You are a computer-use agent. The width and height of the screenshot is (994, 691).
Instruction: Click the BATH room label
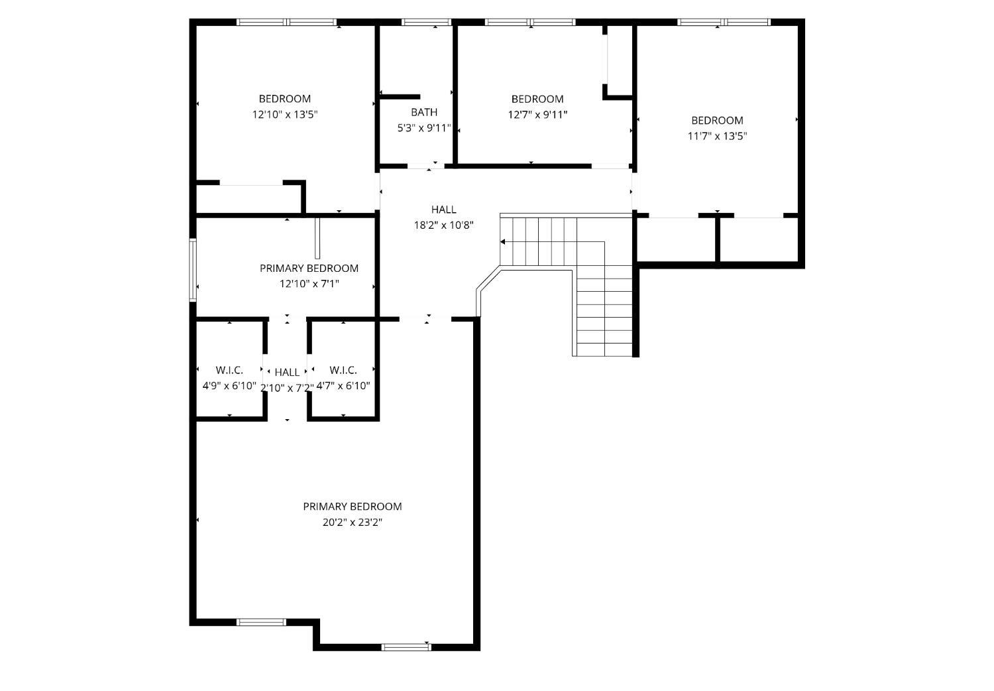424,112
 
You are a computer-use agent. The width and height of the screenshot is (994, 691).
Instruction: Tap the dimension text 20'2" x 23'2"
353,523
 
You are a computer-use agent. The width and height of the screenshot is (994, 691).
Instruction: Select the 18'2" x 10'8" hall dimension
444,225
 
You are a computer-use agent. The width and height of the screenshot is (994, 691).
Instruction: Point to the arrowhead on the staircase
503,242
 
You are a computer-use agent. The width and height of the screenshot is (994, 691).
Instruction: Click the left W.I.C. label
229,370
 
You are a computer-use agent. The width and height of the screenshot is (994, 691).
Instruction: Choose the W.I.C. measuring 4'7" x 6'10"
343,370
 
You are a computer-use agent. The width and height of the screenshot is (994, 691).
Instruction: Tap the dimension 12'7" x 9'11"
537,115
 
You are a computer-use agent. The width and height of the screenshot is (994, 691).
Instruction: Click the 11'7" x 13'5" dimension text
717,136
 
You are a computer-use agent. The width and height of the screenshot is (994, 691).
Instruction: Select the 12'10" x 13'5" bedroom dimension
285,115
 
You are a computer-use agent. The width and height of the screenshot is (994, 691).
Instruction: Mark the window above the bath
426,22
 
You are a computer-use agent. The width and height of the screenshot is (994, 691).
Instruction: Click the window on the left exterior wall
193,270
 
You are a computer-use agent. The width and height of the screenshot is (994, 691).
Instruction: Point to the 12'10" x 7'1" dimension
309,283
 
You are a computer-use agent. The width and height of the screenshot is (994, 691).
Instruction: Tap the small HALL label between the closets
287,372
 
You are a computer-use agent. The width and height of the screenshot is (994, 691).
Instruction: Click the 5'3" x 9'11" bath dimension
424,129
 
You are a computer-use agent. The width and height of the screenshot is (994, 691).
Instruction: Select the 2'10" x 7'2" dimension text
287,388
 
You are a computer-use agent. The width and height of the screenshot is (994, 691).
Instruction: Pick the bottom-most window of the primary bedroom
406,647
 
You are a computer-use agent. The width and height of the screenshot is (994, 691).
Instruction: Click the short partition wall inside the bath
400,97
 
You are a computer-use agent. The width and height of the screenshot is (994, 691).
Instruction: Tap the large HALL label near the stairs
444,209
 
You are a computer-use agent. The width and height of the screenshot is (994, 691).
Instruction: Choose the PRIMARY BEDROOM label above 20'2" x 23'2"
353,506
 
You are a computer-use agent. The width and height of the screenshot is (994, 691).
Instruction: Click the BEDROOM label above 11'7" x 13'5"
717,120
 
